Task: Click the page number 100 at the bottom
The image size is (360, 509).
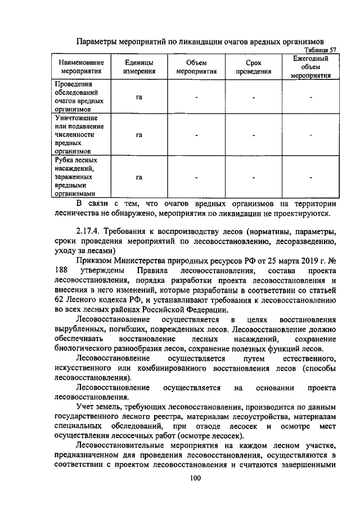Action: click(195, 478)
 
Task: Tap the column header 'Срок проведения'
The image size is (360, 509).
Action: click(253, 67)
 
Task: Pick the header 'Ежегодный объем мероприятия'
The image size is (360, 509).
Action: click(311, 67)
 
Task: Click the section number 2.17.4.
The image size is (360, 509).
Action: click(89, 231)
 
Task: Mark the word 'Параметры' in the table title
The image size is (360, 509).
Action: click(96, 41)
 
